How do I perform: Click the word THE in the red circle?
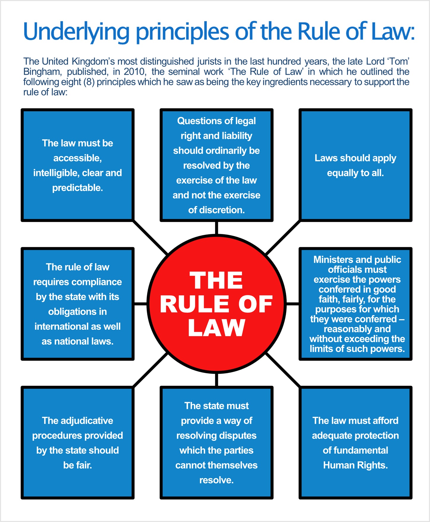pos(216,280)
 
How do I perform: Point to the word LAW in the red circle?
pos(216,328)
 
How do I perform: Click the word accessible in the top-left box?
pos(77,158)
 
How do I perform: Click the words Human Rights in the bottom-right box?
pos(355,465)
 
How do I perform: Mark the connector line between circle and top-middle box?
pos(216,228)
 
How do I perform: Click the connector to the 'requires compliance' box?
pos(140,304)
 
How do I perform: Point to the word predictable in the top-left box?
pos(77,188)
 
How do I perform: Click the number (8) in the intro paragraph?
pos(89,82)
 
